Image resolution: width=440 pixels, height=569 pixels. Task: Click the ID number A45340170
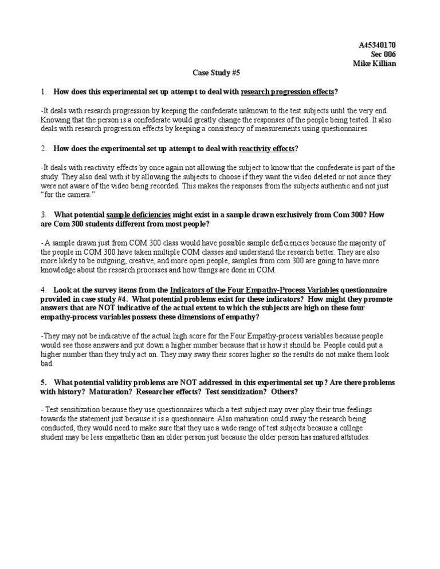click(x=377, y=45)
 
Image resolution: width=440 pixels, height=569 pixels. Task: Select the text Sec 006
click(x=383, y=54)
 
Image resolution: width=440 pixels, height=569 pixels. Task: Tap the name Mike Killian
click(x=374, y=64)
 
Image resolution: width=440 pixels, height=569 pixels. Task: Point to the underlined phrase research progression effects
click(x=288, y=92)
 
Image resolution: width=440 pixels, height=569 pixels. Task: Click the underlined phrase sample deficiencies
click(x=139, y=215)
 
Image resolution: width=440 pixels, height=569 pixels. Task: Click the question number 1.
click(x=43, y=92)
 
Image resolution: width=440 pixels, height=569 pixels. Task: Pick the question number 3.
click(x=43, y=215)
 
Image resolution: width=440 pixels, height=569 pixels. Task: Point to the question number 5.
click(x=43, y=382)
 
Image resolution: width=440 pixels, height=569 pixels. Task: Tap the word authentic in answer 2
click(x=297, y=186)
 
